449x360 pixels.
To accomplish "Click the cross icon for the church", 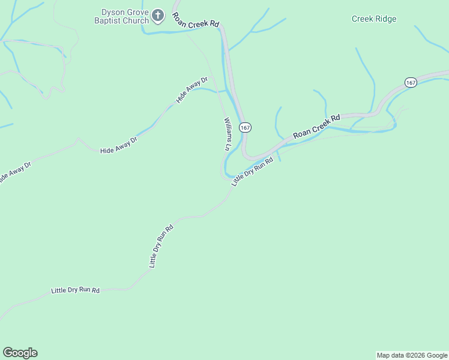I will [x=158, y=15].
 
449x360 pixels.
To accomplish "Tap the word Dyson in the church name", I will [x=113, y=11].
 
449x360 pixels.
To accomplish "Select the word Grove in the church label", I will [x=136, y=11].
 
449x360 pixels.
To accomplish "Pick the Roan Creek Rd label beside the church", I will [x=196, y=20].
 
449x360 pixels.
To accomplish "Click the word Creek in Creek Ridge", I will [x=362, y=19].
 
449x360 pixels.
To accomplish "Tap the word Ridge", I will [x=386, y=19].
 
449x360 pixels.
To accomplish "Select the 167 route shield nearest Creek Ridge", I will [x=411, y=83].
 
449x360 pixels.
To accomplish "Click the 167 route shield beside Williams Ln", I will [x=245, y=128].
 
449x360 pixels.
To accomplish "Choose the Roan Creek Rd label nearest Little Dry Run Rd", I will [x=316, y=126].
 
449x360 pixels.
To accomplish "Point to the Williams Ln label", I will [x=228, y=134].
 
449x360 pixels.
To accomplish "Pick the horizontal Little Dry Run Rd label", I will [x=75, y=290].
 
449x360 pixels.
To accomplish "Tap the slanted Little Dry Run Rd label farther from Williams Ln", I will [x=161, y=246].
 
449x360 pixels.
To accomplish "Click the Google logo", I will [x=20, y=353].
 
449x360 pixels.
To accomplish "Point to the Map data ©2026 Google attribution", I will [x=412, y=355].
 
